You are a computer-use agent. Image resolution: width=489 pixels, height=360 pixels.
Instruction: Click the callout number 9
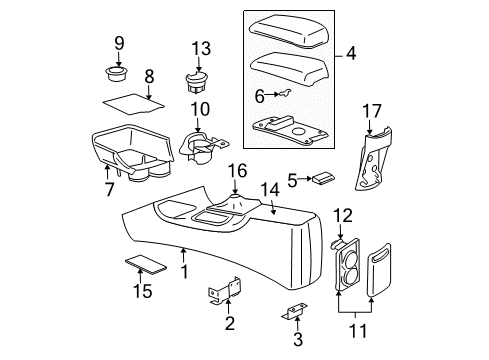pos(118,43)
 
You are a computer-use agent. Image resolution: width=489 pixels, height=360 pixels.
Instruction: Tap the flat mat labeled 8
pos(127,99)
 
